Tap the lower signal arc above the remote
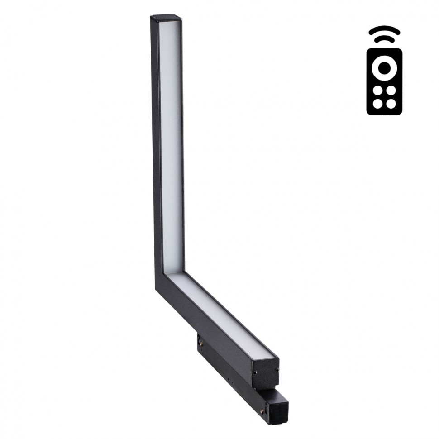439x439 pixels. [x=384, y=40]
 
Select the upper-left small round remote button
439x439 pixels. [x=377, y=90]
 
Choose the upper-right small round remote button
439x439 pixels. [x=391, y=90]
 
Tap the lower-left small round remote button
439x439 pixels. [x=377, y=103]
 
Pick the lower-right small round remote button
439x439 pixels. [x=391, y=103]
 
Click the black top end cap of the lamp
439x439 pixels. [x=166, y=19]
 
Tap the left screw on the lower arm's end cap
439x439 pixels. [x=255, y=372]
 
